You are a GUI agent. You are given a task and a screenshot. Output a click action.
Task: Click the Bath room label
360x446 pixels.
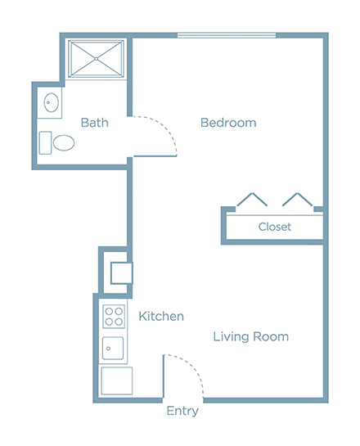pos(94,123)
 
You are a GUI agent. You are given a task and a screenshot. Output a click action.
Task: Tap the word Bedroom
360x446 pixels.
pos(228,123)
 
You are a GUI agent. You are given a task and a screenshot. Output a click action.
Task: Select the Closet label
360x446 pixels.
pos(275,227)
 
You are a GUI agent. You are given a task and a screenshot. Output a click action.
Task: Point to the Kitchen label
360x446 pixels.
pos(161,316)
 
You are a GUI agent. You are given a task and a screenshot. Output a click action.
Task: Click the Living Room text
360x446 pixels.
pos(251,337)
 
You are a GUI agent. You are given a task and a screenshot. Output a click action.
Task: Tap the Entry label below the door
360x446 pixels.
pos(182,412)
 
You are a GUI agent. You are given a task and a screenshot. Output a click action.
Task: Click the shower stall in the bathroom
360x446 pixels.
pos(96,59)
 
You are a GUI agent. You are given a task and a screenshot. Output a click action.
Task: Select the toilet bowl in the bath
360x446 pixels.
pos(64,142)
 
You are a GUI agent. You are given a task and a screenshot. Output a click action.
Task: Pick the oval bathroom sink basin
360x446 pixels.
pos(52,102)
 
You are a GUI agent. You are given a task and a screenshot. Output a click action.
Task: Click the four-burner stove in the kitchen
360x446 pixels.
pos(114,317)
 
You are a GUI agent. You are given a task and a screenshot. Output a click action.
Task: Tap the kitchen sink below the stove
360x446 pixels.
pos(113,348)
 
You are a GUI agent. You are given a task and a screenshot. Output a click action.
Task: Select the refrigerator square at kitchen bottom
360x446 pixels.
pos(117,381)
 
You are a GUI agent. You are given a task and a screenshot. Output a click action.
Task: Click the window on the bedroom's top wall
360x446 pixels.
pos(227,35)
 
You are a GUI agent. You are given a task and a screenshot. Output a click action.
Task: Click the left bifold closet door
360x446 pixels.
pos(252,199)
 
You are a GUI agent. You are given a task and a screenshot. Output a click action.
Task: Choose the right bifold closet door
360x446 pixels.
pos(298,199)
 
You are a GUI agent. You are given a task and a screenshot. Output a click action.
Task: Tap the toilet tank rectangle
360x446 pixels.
pos(45,142)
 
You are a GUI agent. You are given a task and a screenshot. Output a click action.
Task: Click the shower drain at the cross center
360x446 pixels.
pos(96,59)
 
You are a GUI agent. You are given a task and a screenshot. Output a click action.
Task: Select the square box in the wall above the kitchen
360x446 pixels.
pos(122,273)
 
